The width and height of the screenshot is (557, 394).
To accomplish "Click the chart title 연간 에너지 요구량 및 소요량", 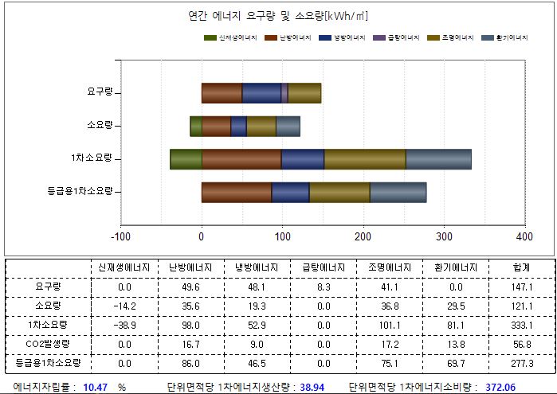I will click(277, 16).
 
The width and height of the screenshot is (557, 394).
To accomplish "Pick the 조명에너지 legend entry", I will click(450, 37).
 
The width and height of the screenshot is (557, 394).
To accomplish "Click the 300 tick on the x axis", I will click(444, 236).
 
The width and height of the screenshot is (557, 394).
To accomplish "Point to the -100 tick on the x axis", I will click(120, 236).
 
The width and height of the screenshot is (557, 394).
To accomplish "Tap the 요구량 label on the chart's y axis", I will click(99, 92).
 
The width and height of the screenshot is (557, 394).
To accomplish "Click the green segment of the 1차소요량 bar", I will click(186, 159).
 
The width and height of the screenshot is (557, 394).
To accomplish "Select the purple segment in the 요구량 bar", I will click(284, 92).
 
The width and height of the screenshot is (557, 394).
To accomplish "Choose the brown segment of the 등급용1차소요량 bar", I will click(236, 192).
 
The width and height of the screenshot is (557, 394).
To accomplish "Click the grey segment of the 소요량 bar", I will click(288, 126).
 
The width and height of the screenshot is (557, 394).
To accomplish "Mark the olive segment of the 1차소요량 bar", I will click(364, 159).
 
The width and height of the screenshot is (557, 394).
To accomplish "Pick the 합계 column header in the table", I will click(523, 267).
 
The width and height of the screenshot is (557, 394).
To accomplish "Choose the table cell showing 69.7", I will click(454, 364).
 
